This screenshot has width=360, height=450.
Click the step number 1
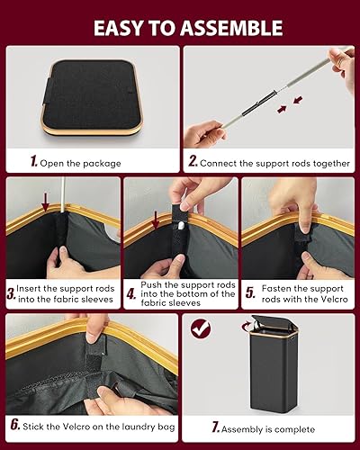tap(33, 163)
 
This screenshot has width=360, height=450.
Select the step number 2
tap(192, 163)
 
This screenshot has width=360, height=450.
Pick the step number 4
tap(130, 292)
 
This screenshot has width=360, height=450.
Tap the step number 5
tap(251, 292)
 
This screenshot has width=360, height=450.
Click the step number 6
tap(14, 424)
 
